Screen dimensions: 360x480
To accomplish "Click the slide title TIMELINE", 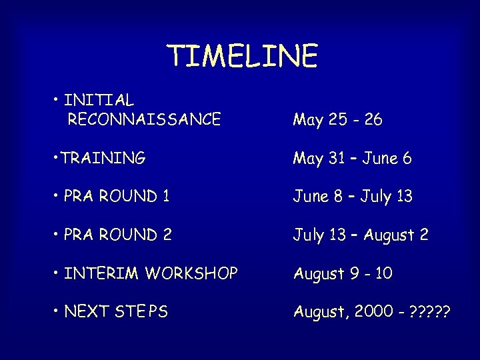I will [242, 57].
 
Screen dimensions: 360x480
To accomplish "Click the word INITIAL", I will [99, 100].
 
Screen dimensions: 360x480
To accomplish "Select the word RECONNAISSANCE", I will [144, 119].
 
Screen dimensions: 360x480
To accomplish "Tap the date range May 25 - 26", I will [337, 120].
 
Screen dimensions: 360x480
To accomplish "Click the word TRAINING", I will [104, 158].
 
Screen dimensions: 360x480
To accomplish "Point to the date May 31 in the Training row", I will [319, 159].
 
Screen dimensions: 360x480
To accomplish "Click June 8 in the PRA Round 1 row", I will [319, 197].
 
